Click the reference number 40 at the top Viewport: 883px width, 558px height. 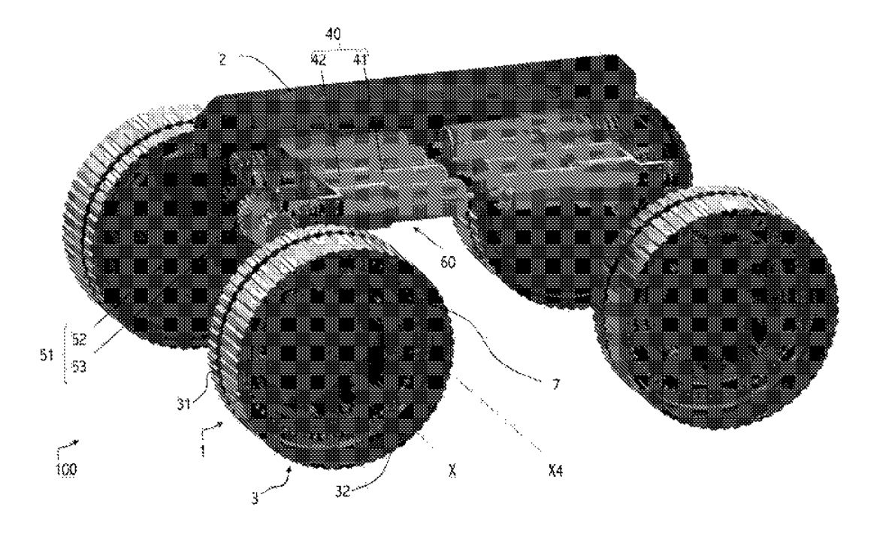tap(334, 35)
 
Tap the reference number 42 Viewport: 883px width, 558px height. tap(319, 60)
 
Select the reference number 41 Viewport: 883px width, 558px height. tap(359, 60)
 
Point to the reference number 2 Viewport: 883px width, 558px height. tap(223, 59)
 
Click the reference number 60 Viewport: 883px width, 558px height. tap(448, 262)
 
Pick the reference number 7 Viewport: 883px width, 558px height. tap(556, 385)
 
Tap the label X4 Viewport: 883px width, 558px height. tap(555, 471)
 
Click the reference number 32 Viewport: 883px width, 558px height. tap(343, 491)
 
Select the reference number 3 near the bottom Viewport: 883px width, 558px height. tap(255, 498)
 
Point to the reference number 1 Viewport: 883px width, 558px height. tap(204, 451)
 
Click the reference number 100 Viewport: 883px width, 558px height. tap(66, 469)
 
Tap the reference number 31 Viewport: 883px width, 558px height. tap(184, 403)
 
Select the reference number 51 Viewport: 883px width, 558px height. tap(47, 355)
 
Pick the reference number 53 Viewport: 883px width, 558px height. tap(80, 367)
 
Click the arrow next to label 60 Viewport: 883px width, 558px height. tap(426, 237)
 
